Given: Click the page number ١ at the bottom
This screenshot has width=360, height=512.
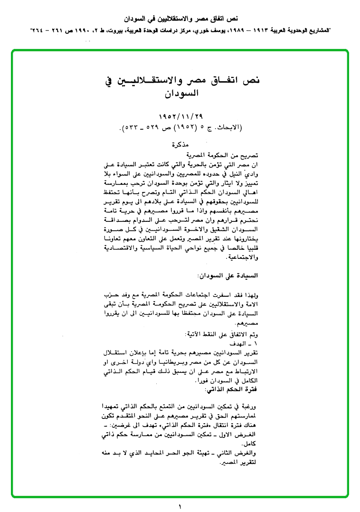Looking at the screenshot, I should tap(180, 507).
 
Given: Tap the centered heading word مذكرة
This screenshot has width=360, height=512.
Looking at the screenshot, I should tap(181, 145).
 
